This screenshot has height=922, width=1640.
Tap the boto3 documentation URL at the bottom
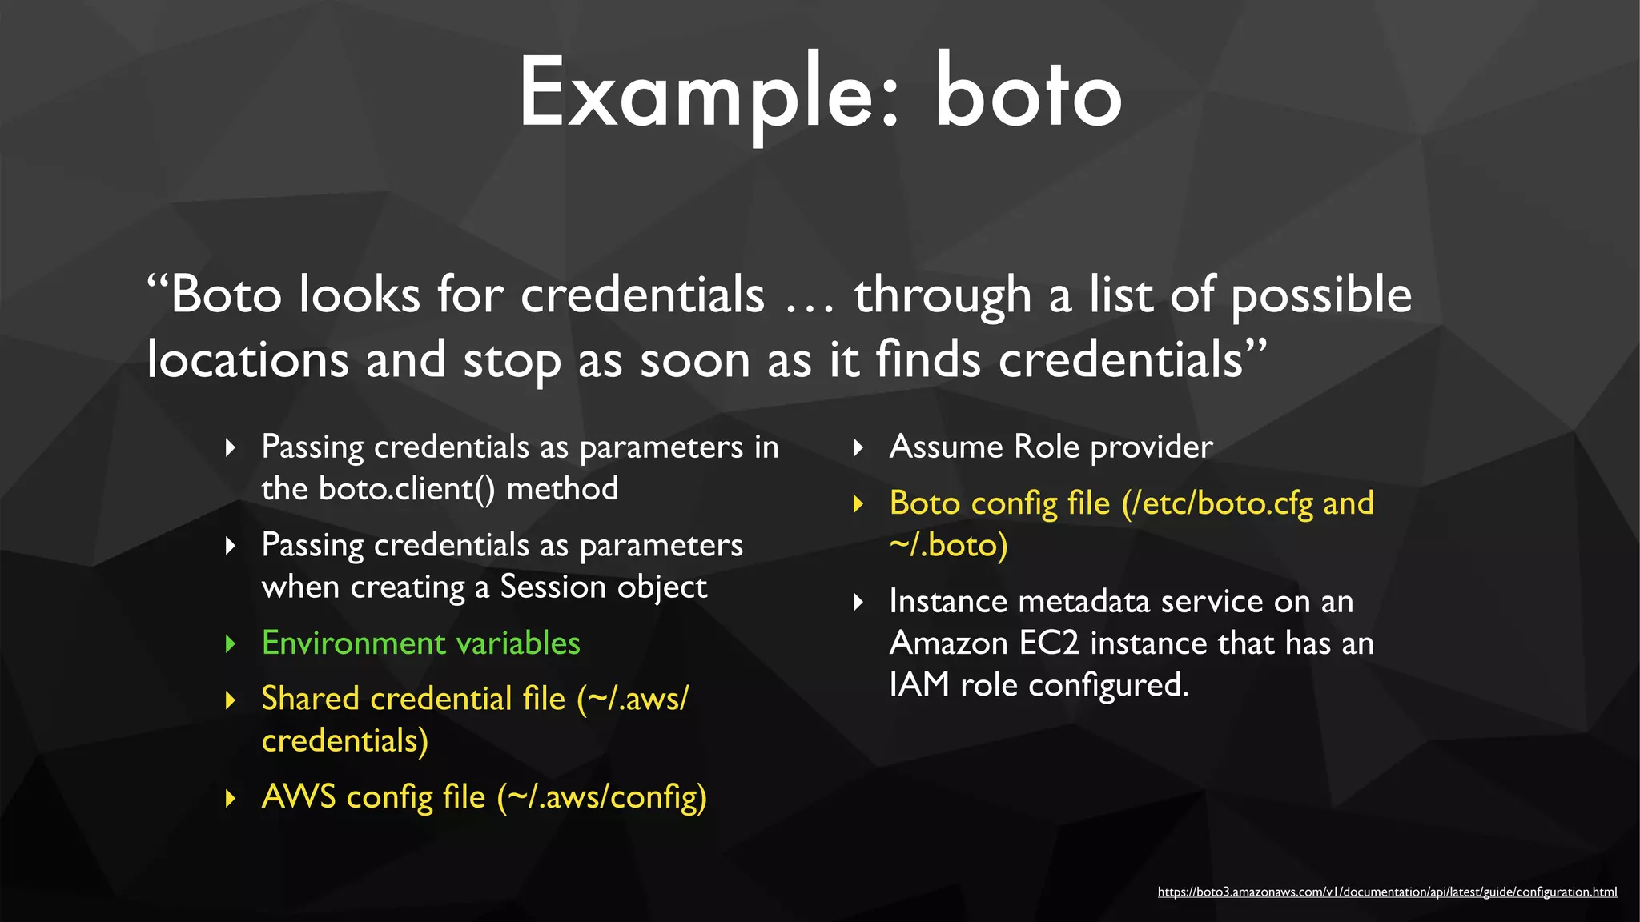pos(1387,892)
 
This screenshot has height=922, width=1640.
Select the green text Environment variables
pos(420,643)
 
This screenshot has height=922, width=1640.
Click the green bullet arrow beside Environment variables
pos(231,644)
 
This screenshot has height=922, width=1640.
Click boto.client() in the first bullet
pos(407,489)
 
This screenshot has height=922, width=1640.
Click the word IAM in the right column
pos(918,685)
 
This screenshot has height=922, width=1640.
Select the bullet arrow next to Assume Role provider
pos(858,447)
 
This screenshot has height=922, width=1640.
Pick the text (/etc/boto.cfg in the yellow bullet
pos(1217,504)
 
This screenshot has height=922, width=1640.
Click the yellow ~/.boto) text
pos(948,546)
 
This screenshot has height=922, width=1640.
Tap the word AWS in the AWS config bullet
pos(299,797)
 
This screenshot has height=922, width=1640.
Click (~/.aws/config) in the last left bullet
pos(602,798)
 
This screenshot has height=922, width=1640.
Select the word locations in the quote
pos(247,359)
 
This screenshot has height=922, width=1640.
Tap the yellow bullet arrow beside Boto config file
pos(858,504)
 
